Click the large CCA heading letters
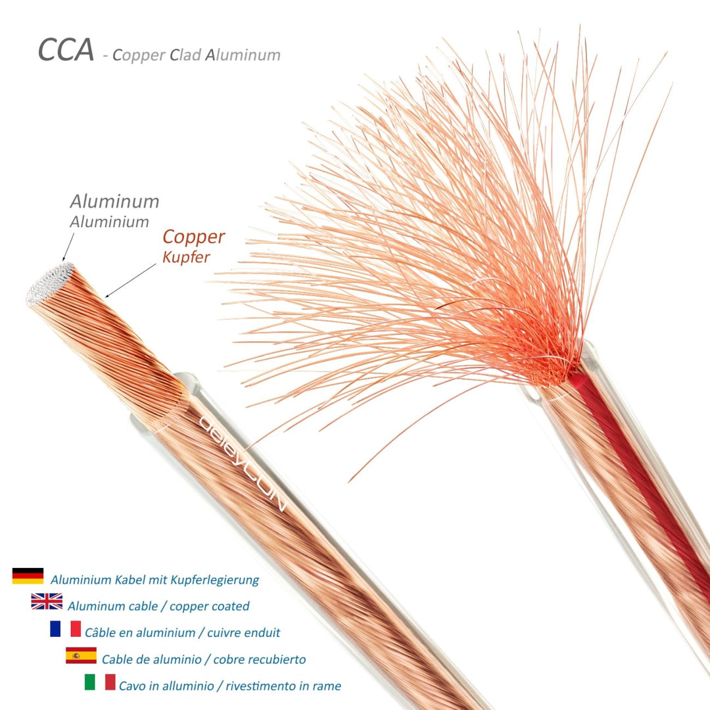pos(66,49)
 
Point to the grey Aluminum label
pos(114,202)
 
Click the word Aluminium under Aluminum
pos(109,222)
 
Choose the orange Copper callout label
pos(194,237)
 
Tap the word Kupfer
pos(186,257)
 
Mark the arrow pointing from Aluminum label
pos(68,247)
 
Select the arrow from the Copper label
pos(130,281)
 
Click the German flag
pos(28,575)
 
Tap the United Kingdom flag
pos(47,602)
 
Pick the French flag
pos(66,628)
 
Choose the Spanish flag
pos(81,655)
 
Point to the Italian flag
pos(100,682)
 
